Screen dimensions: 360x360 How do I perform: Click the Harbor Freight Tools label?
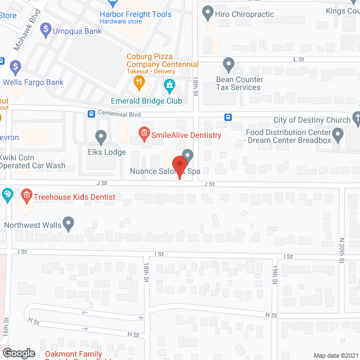[x=136, y=14]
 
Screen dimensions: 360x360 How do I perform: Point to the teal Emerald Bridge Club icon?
[x=169, y=86]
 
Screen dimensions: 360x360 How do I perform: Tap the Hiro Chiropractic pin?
[x=208, y=12]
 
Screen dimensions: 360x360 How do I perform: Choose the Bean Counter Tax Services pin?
[x=228, y=65]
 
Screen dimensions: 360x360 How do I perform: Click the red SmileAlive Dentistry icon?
[x=143, y=133]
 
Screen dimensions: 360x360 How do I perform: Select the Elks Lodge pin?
[x=101, y=137]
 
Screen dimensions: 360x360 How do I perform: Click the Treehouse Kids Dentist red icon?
[x=26, y=196]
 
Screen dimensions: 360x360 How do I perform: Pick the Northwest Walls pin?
[x=69, y=224]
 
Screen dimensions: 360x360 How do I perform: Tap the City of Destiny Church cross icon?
[x=355, y=119]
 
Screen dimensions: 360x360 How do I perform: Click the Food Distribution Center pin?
[x=338, y=134]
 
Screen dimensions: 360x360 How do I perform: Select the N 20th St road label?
[x=342, y=250]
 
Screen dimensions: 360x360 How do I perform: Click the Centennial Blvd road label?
[x=119, y=114]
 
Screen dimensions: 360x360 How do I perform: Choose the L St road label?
[x=298, y=59]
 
